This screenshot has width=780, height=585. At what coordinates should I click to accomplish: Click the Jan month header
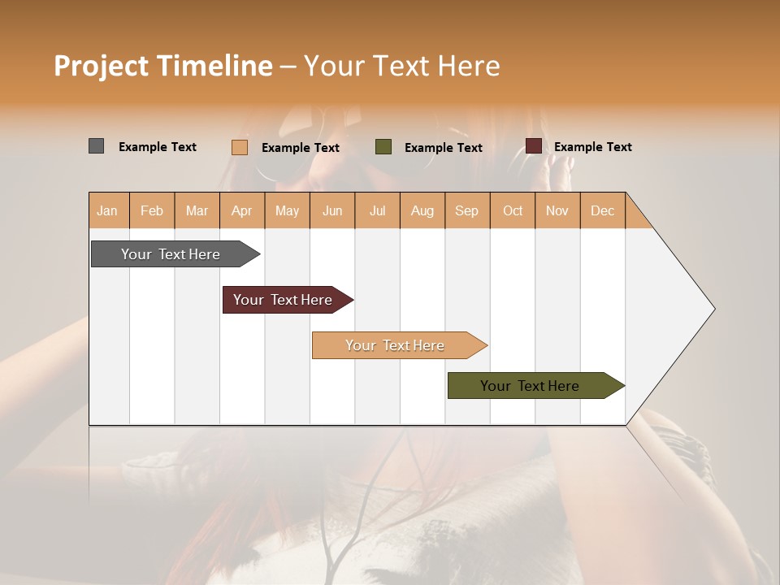(x=107, y=211)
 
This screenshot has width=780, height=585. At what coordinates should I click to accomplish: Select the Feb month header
(x=152, y=211)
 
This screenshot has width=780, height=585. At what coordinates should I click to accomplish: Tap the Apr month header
(x=242, y=211)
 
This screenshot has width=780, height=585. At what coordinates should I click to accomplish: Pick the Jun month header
(x=332, y=211)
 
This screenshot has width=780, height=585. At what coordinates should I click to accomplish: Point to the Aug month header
(x=422, y=211)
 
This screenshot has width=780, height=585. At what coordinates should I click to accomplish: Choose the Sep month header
(x=467, y=211)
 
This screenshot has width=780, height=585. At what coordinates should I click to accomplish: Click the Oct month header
(x=513, y=211)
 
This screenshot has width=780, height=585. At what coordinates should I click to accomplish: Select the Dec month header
(x=603, y=211)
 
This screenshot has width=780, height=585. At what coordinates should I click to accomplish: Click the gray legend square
(x=97, y=146)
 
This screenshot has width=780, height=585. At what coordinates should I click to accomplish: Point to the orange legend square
(x=240, y=147)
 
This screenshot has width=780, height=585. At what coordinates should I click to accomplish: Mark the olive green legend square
(x=383, y=147)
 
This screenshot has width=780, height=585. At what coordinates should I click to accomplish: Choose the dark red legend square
(x=534, y=146)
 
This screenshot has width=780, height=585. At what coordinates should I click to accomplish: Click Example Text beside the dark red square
(x=593, y=147)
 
